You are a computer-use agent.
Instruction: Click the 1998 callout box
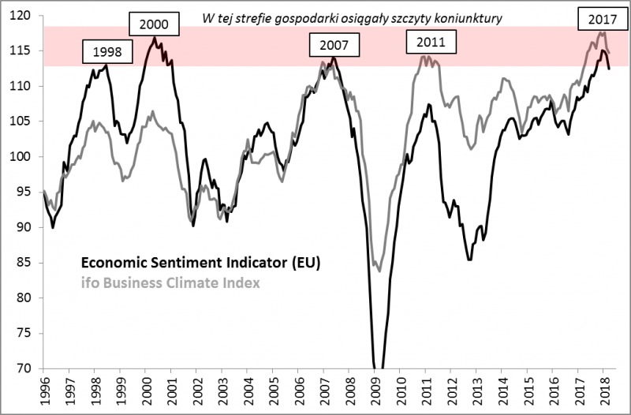coord(107,53)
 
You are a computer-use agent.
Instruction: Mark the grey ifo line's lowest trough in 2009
coord(380,271)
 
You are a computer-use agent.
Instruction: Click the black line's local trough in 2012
coord(470,260)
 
